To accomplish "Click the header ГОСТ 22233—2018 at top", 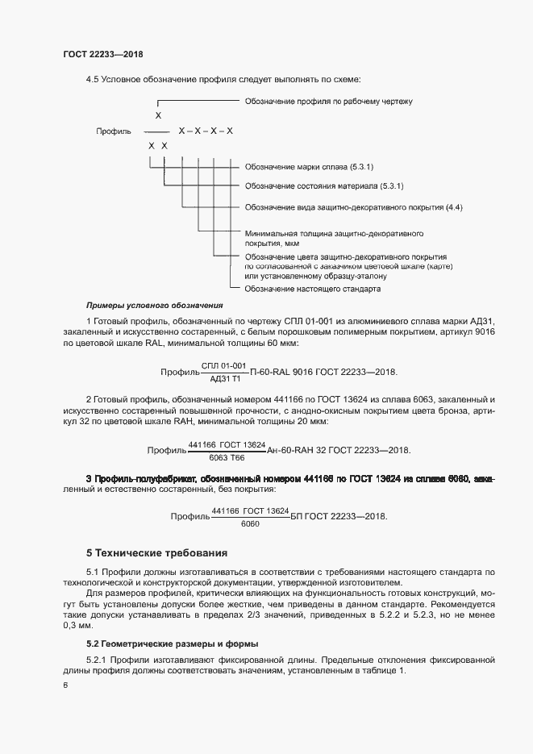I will click(x=102, y=54).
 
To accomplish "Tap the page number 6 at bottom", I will click(x=65, y=685).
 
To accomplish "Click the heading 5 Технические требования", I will click(x=156, y=553).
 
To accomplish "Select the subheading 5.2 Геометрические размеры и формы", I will click(x=173, y=644).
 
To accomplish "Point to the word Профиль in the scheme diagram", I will click(x=113, y=131).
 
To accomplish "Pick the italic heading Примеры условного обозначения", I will click(x=154, y=306).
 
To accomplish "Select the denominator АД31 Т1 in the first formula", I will click(x=224, y=379).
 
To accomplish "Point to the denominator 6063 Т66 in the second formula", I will click(x=227, y=456).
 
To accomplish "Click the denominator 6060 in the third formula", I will click(x=250, y=523).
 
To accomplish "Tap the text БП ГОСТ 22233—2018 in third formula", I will click(x=339, y=517).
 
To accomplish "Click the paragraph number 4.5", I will click(x=92, y=79).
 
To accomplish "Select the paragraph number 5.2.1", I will click(x=97, y=660).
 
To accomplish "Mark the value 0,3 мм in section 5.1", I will click(x=78, y=626).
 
